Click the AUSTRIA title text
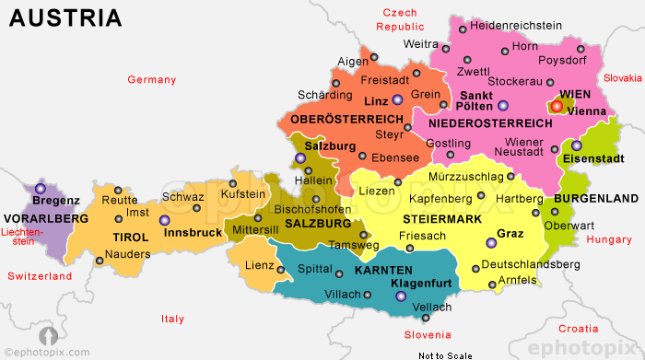tap(64, 17)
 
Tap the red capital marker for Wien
tap(557, 107)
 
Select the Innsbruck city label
tap(193, 233)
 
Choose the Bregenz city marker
tap(40, 189)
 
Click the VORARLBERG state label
tap(46, 219)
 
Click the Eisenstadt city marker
tap(576, 145)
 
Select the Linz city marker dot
tap(397, 100)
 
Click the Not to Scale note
tap(444, 354)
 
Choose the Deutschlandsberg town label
tap(531, 264)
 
